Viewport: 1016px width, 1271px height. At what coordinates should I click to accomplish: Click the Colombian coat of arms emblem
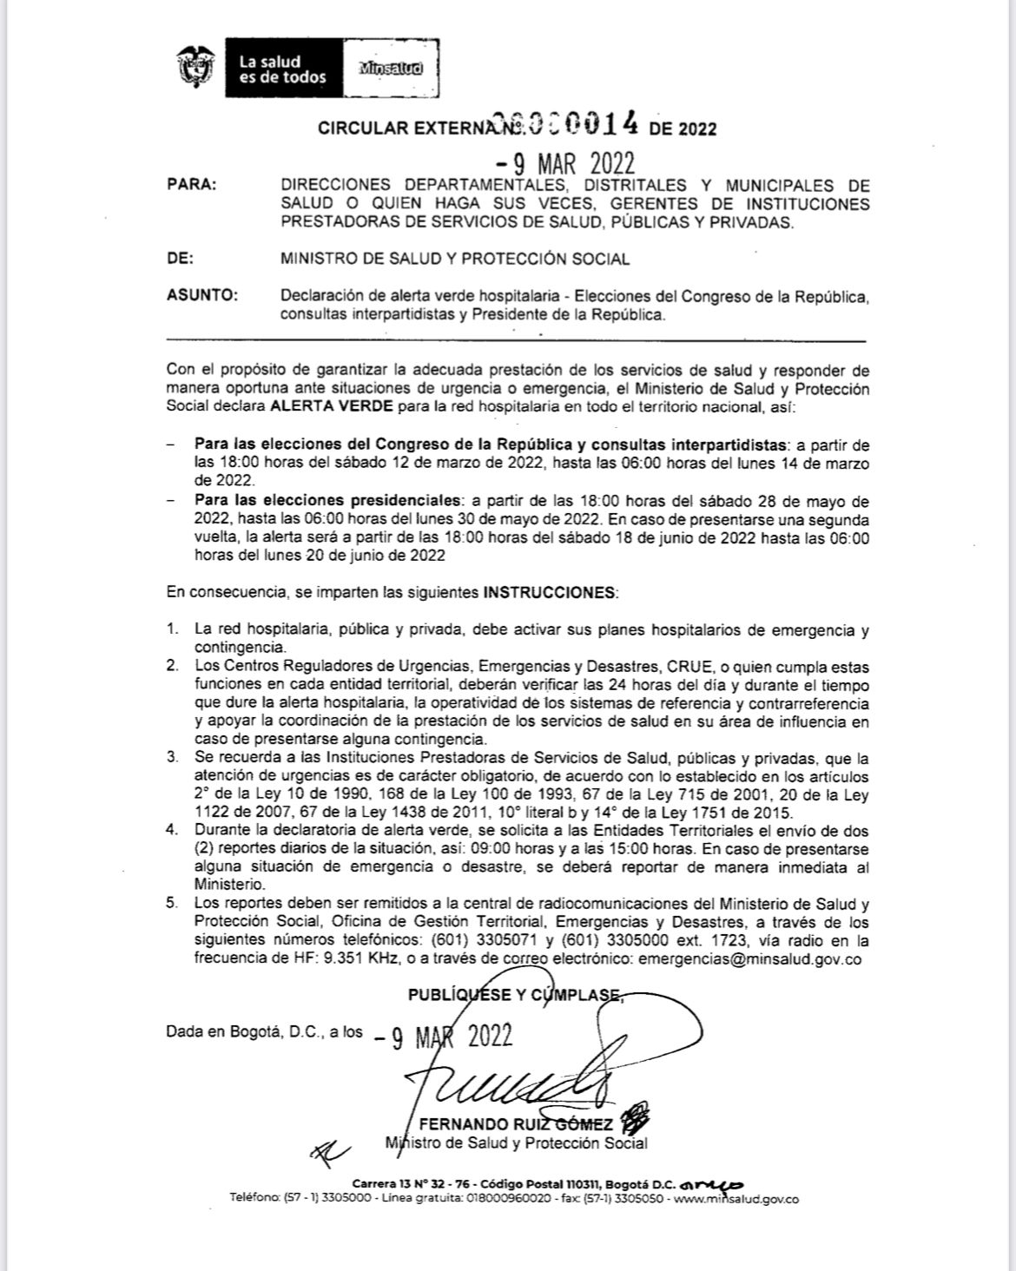point(195,68)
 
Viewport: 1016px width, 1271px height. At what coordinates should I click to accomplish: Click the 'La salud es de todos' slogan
point(282,69)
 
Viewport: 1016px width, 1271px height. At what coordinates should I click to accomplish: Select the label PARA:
point(192,185)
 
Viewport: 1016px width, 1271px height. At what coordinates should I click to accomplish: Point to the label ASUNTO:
point(201,295)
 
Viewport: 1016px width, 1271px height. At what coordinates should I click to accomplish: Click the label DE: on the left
point(180,259)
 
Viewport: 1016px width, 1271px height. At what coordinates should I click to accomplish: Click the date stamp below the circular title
point(565,162)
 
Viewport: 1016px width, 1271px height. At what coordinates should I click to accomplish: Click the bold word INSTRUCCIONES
point(549,593)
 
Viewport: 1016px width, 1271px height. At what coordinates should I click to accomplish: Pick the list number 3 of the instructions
point(173,758)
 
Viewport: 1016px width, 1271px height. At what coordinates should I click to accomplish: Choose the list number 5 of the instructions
point(173,904)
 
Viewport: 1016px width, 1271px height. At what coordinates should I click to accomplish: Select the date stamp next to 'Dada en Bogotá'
point(444,1037)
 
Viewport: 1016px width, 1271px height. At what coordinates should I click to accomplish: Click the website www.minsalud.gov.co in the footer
point(736,1199)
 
